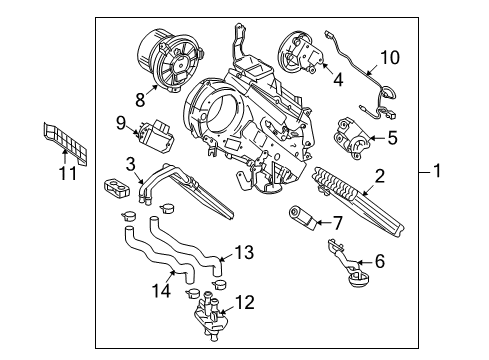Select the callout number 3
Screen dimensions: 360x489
coord(131,164)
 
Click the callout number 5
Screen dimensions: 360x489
coord(393,139)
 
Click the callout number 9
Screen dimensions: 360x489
coord(120,125)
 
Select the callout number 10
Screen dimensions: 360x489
coord(389,57)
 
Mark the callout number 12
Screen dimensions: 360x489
coord(246,300)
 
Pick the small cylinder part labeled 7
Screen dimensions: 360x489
coord(302,216)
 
